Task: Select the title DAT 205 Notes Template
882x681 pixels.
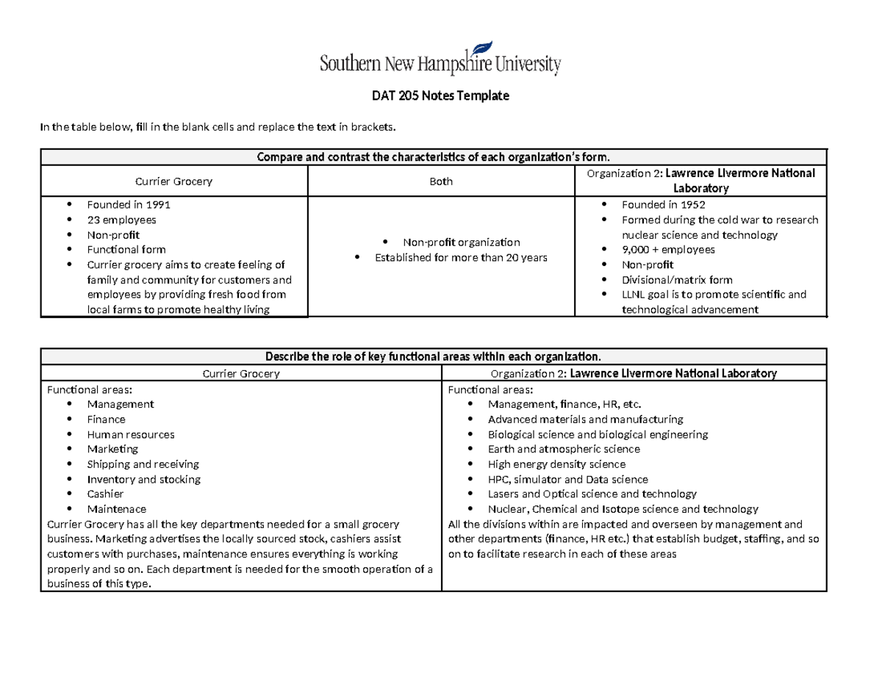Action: click(441, 96)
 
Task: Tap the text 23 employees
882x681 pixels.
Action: click(121, 220)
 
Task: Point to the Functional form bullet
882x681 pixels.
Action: click(126, 250)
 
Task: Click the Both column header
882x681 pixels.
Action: click(441, 181)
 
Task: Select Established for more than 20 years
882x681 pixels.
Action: click(461, 257)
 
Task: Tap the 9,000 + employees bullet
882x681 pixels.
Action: click(668, 250)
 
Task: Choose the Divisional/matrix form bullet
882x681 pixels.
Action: click(677, 280)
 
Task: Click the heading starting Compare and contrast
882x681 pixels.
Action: click(434, 157)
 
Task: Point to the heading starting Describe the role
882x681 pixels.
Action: click(434, 357)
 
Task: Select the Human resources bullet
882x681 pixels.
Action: click(131, 434)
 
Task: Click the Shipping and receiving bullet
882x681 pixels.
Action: click(143, 464)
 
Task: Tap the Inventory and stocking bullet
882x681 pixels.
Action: click(143, 479)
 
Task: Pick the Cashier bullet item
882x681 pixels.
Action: click(105, 494)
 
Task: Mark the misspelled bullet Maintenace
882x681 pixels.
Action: click(116, 509)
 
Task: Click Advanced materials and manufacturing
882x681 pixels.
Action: click(585, 419)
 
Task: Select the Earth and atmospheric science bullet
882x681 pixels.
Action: click(564, 449)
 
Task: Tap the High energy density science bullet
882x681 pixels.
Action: click(556, 464)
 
